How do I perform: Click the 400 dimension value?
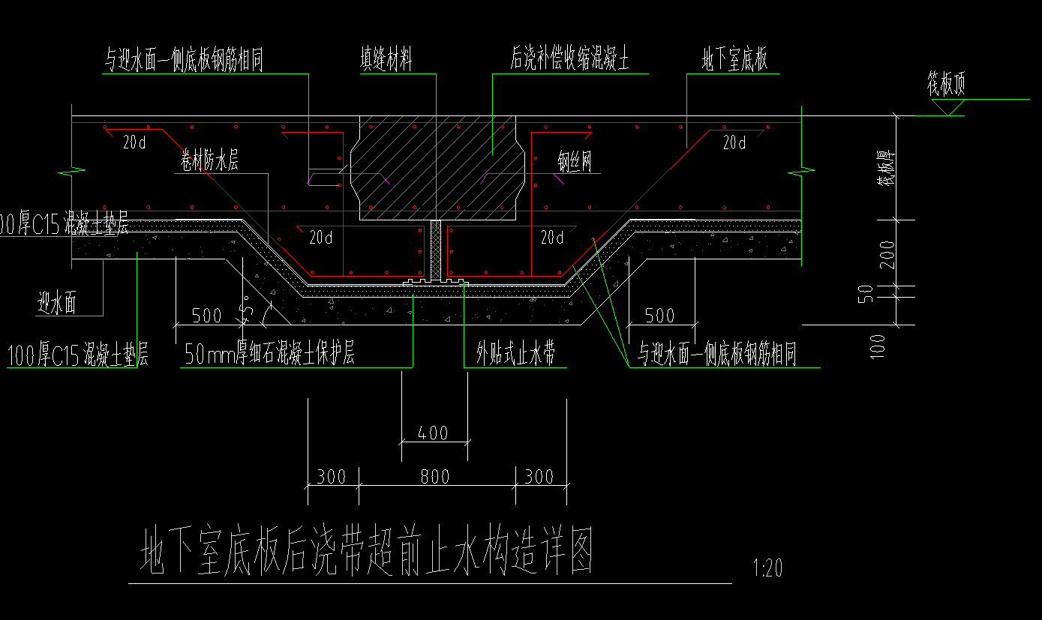(433, 433)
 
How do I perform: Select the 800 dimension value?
(434, 477)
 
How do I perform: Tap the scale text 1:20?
(767, 568)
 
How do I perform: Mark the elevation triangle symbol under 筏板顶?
(947, 108)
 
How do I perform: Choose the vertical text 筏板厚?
(887, 168)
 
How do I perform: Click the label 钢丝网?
(574, 162)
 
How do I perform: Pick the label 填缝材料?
(386, 60)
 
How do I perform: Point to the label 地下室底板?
(734, 60)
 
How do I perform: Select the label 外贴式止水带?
(515, 355)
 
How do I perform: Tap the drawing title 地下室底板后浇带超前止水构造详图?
(368, 553)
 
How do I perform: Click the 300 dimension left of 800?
(331, 477)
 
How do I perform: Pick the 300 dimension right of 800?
(539, 477)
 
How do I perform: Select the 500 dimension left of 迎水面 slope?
(206, 315)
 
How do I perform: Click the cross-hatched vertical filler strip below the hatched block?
(436, 250)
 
